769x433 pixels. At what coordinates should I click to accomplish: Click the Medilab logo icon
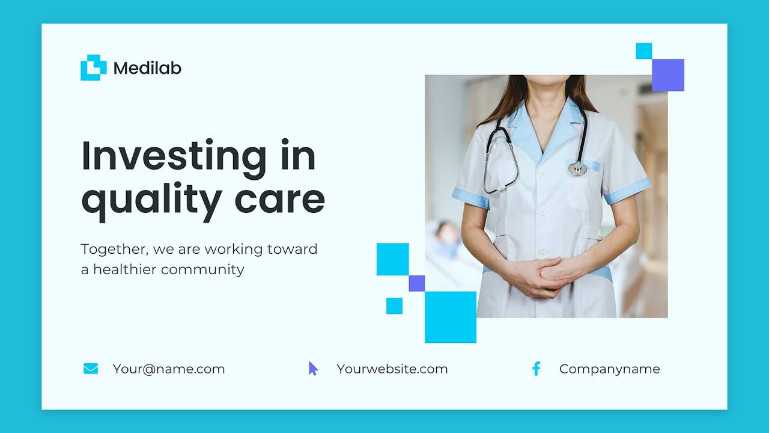click(x=93, y=67)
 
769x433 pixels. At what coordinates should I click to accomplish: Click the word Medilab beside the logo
click(x=147, y=69)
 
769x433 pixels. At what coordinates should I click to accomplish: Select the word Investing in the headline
click(x=174, y=156)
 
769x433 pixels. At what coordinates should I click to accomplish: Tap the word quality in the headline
click(x=151, y=200)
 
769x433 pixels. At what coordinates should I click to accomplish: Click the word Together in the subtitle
click(x=114, y=249)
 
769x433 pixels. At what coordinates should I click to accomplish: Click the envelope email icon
click(x=91, y=369)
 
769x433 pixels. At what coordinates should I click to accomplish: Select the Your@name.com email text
click(x=169, y=369)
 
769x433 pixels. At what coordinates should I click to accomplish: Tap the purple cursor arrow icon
click(x=313, y=369)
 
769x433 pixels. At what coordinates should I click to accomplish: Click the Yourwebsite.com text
click(x=392, y=369)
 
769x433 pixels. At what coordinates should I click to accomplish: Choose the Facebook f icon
click(x=536, y=369)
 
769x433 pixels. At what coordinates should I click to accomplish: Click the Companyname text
click(x=609, y=369)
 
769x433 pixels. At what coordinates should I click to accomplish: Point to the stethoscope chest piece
click(x=577, y=169)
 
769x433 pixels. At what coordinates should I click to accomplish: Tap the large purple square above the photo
click(x=668, y=75)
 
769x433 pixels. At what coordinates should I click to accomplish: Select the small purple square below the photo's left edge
click(x=416, y=283)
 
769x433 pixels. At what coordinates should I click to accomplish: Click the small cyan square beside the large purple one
click(x=644, y=51)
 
